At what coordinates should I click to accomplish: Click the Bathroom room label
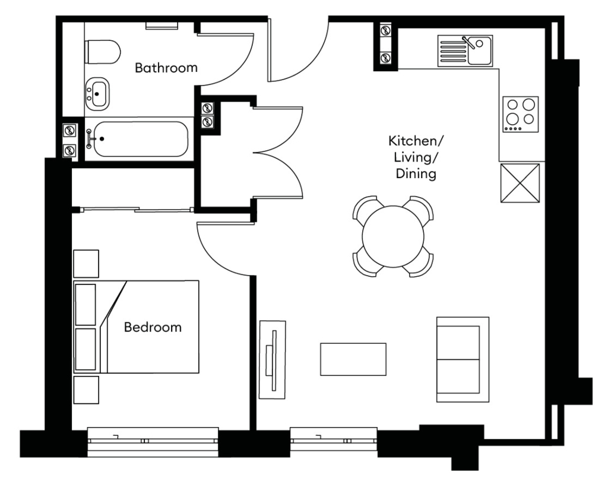166,68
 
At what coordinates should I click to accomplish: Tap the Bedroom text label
153,327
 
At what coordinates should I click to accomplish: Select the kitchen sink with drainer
465,50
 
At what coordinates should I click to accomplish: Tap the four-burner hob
521,114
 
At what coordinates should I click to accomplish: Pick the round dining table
393,236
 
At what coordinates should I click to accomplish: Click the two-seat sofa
463,359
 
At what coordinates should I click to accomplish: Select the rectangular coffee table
353,359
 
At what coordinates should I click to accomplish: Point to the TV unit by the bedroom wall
273,359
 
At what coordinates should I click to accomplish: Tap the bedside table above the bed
86,264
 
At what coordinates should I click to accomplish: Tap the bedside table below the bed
86,390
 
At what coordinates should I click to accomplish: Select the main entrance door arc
300,56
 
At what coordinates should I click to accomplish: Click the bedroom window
153,441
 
